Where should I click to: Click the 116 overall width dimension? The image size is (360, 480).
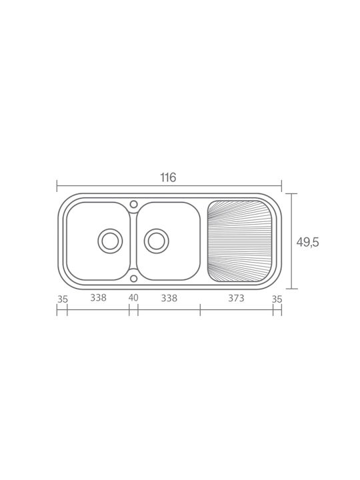[169, 177]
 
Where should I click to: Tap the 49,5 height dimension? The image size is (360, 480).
[307, 242]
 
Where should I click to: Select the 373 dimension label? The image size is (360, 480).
[236, 298]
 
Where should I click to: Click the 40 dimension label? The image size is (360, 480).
[133, 297]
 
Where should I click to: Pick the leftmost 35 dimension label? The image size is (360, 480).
[63, 299]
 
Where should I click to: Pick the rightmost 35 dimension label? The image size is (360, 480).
[277, 299]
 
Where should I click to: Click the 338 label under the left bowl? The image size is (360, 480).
[98, 297]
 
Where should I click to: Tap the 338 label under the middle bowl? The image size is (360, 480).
[169, 298]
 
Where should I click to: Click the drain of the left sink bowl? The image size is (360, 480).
[110, 241]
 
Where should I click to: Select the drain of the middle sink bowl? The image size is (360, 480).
[156, 241]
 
